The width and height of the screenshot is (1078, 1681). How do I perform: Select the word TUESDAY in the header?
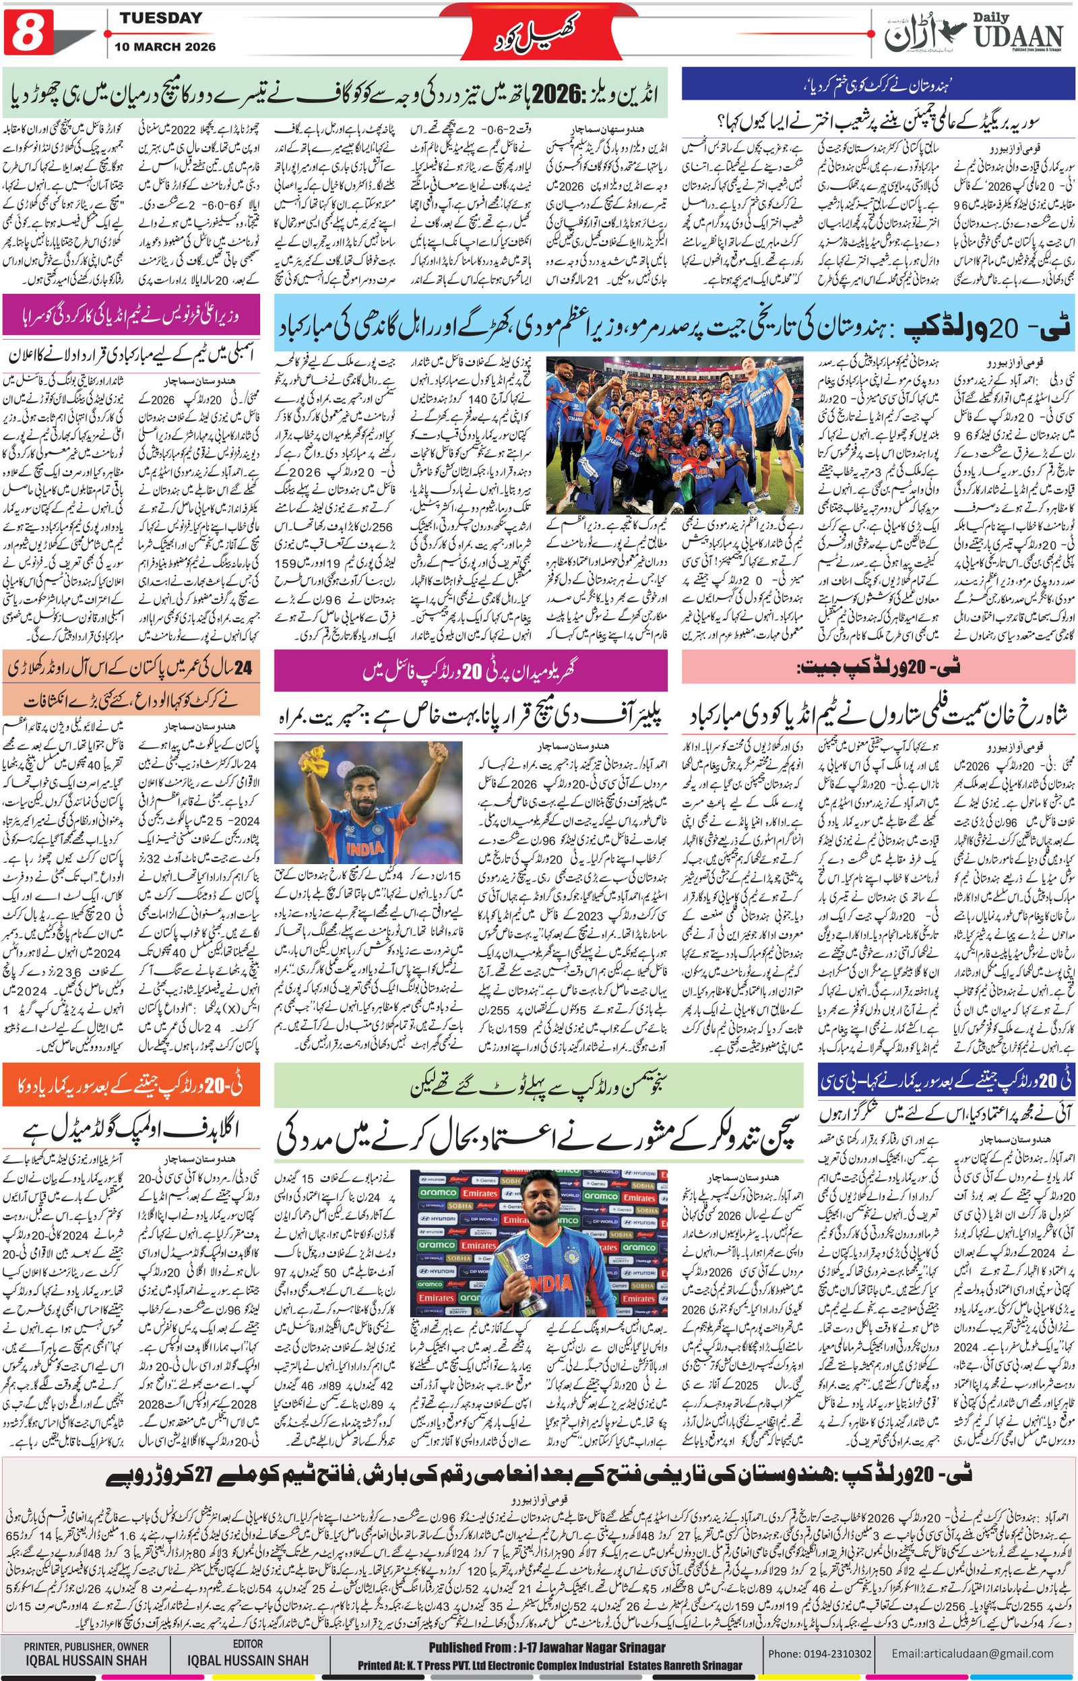(160, 18)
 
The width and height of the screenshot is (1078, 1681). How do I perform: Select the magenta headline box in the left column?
(131, 315)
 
